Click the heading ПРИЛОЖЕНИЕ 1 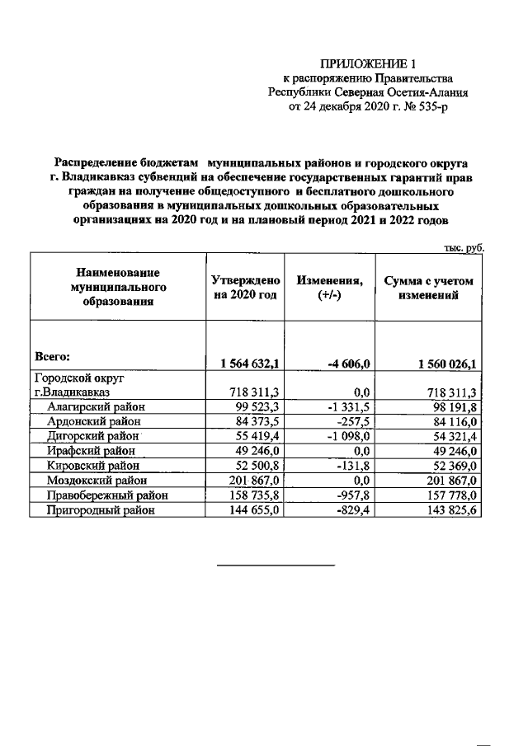362,63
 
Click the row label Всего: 52,357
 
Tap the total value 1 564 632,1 245,364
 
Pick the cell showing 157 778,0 448,495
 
